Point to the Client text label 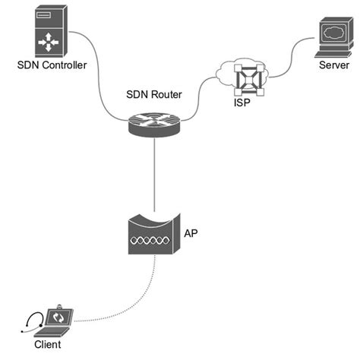(x=47, y=345)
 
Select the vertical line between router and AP (x=154, y=175)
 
